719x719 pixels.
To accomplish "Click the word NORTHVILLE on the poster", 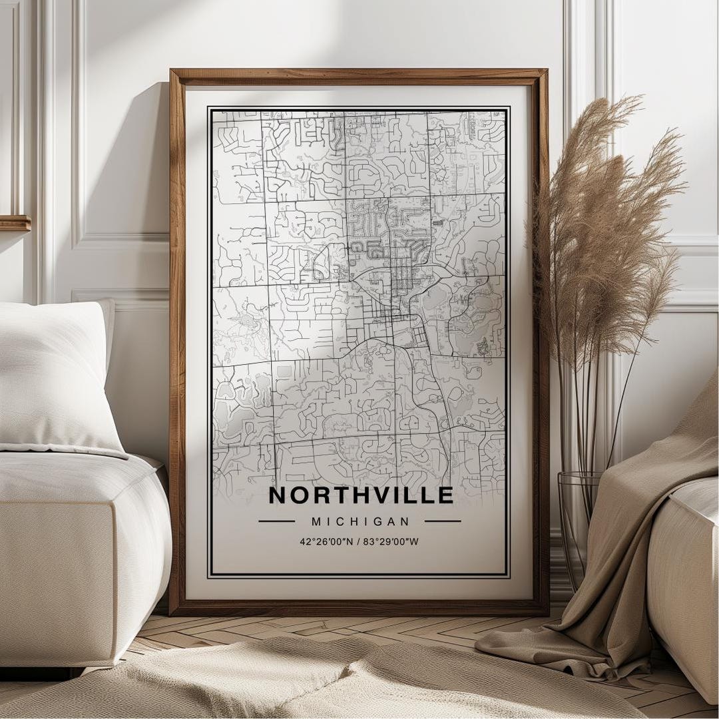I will click(x=360, y=495).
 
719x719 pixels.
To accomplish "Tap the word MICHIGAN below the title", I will click(x=360, y=522).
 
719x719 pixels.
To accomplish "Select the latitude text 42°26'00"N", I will click(x=326, y=541).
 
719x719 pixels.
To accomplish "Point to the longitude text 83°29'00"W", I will click(x=392, y=541).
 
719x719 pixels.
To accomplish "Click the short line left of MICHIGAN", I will click(x=276, y=521).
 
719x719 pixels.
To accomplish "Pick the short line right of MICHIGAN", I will click(x=443, y=521).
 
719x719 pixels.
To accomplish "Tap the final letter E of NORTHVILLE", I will click(x=446, y=495).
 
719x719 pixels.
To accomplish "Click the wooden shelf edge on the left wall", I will click(x=15, y=223).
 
